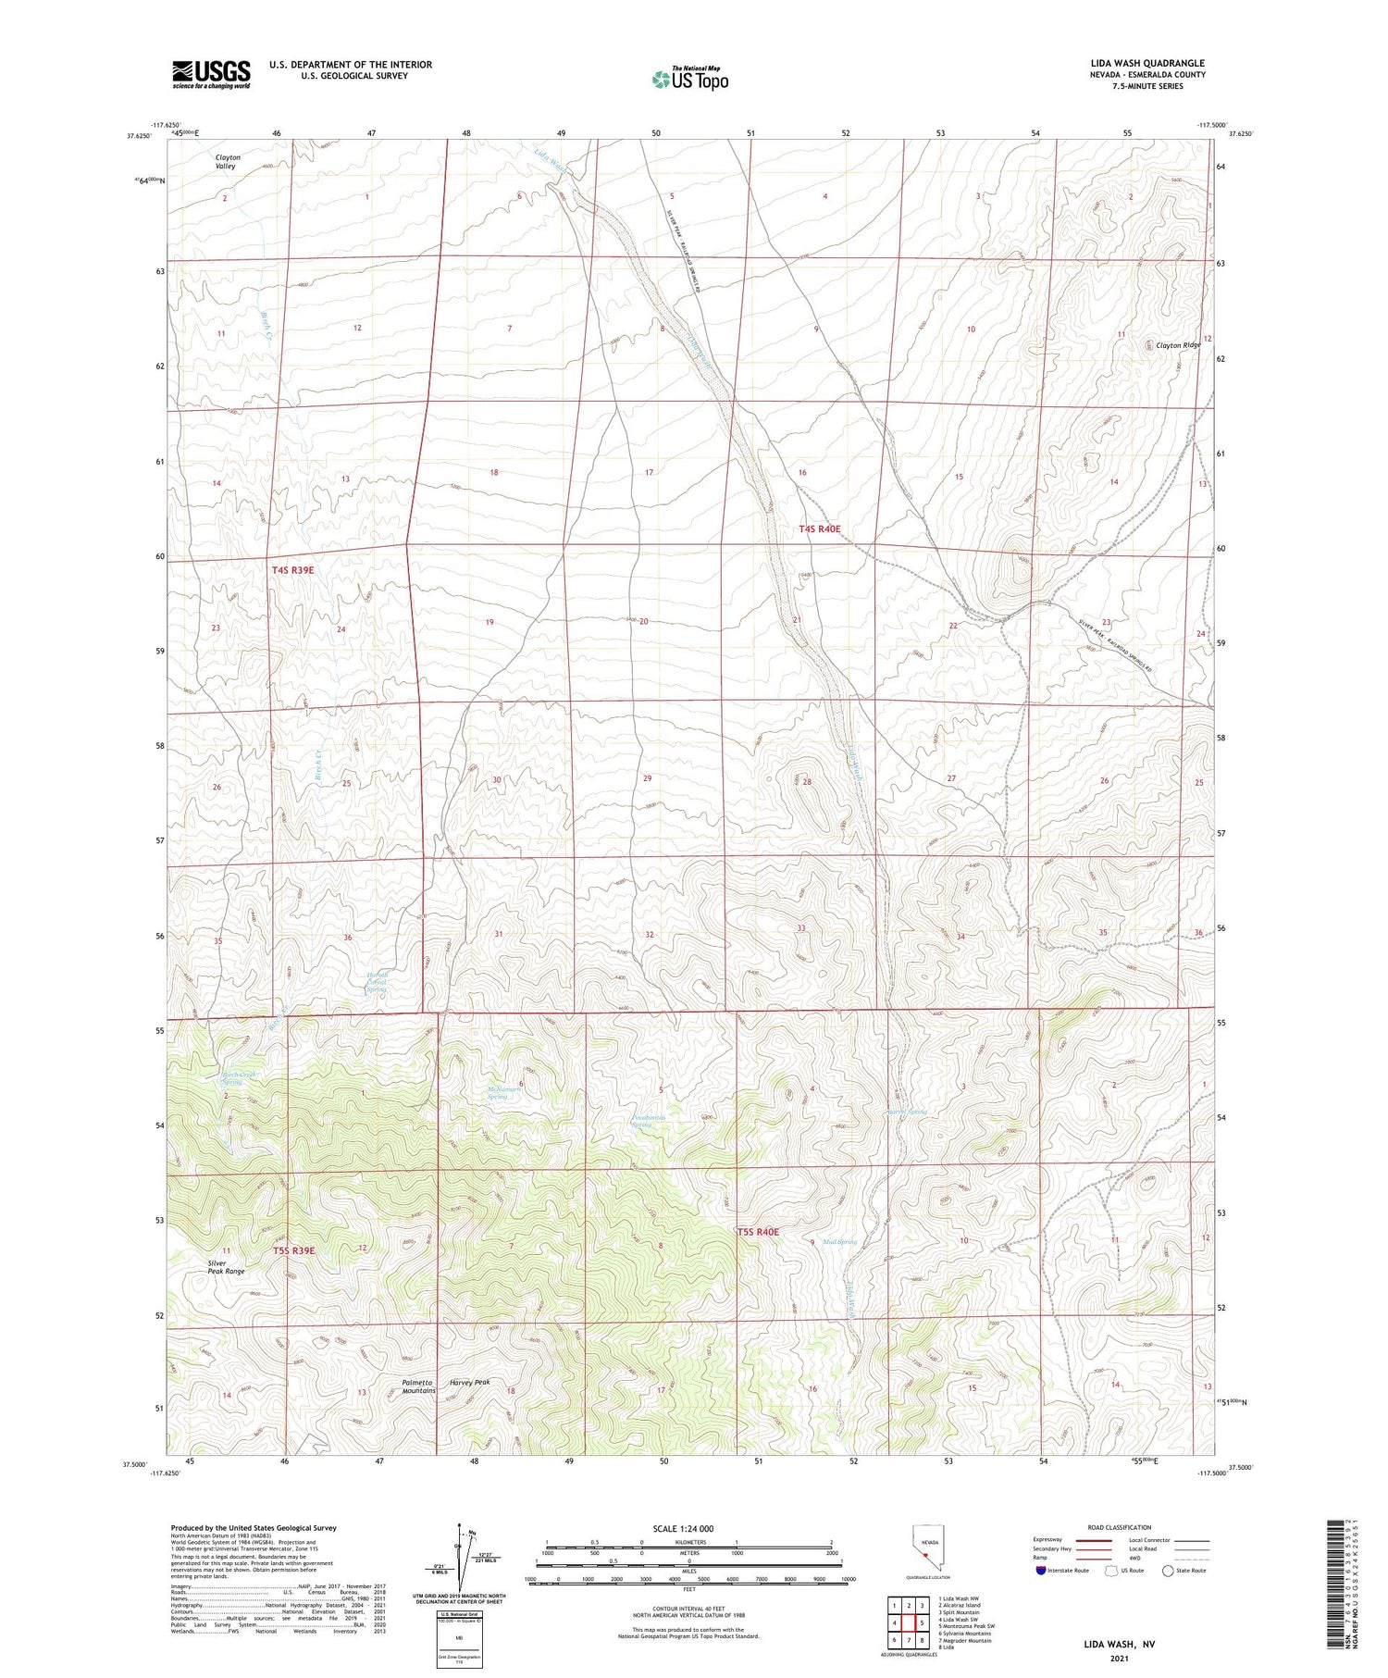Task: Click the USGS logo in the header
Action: pos(211,74)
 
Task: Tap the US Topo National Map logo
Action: pos(690,79)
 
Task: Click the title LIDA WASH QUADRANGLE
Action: pos(1146,63)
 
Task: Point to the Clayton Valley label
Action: pos(228,161)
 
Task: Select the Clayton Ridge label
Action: pos(1178,345)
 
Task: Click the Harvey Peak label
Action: pos(469,1382)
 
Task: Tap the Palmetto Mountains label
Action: pos(418,1386)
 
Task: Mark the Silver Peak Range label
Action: pos(226,1267)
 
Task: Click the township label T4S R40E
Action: pos(820,528)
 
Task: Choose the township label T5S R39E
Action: pos(293,1250)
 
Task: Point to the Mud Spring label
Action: pos(840,1242)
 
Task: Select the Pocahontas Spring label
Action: pos(649,1121)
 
